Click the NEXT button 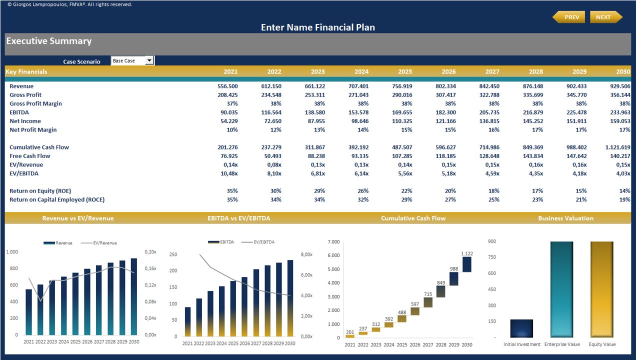(605, 17)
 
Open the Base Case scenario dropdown (149, 60)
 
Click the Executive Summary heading (49, 41)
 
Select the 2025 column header (405, 71)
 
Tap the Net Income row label (25, 121)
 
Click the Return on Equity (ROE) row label (40, 191)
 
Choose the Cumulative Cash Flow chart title (413, 218)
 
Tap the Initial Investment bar (521, 328)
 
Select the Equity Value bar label (602, 344)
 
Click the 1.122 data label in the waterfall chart (466, 253)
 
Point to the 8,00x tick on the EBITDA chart (306, 254)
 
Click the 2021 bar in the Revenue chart (29, 312)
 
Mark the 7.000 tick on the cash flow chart (333, 241)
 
